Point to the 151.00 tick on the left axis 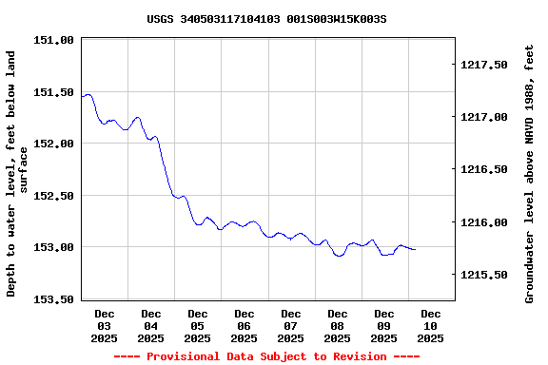coord(53,40)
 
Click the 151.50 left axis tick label coord(53,92)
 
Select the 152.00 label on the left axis coord(53,144)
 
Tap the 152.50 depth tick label coord(53,196)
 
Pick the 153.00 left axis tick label coord(53,247)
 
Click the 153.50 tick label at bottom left coord(53,299)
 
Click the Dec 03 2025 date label coord(105,325)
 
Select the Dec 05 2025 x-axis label coord(198,325)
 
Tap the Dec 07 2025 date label coord(291,325)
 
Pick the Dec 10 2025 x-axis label coord(431,325)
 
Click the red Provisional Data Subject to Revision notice coord(266,356)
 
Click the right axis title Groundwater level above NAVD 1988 coord(530,172)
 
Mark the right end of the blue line coord(416,249)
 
